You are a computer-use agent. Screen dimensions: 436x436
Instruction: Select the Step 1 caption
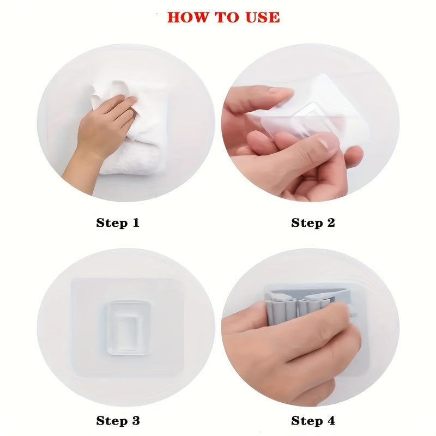118,222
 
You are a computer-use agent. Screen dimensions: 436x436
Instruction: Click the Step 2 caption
313,222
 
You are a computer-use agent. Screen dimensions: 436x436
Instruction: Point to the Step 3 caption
118,420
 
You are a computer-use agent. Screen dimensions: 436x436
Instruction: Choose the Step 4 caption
313,420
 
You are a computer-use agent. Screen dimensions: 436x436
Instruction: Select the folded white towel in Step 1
131,158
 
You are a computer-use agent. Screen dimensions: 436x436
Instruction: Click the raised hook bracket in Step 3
128,327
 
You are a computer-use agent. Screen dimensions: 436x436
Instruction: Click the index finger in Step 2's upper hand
262,98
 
